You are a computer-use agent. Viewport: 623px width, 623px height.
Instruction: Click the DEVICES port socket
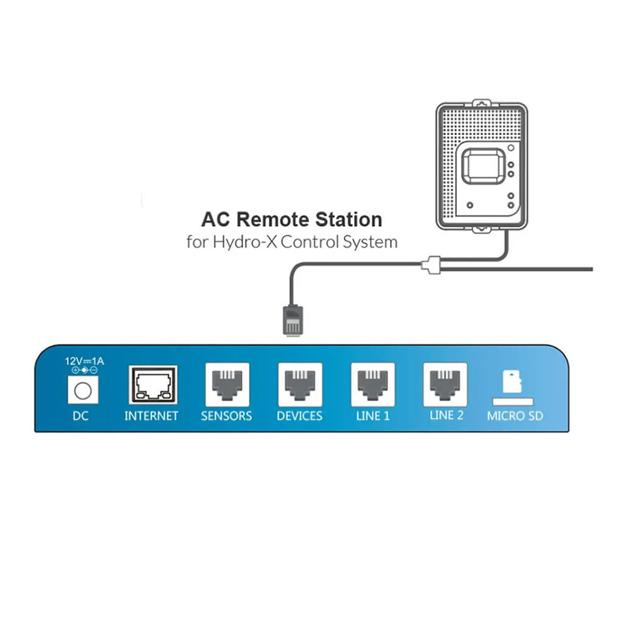coord(300,385)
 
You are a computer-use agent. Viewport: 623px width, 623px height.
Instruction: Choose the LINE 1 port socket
coord(373,385)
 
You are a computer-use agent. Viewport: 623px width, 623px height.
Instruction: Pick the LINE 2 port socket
coord(445,385)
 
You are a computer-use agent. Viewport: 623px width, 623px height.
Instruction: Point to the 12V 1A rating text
coord(85,361)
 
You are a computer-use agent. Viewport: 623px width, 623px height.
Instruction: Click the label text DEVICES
coord(299,416)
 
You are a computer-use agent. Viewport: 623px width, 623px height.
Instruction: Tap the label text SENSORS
coord(226,416)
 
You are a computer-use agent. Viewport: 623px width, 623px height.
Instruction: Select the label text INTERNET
coord(151,416)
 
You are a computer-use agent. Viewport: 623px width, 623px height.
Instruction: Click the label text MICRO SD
coord(515,417)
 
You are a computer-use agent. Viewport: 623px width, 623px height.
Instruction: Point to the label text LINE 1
coord(372,416)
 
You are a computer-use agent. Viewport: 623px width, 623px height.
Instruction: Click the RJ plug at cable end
coord(291,320)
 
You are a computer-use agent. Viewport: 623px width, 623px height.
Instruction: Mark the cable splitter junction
coord(431,265)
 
